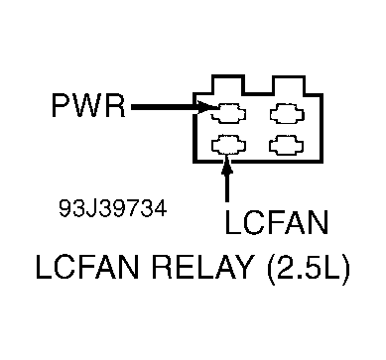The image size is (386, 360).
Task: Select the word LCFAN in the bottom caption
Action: (x=82, y=269)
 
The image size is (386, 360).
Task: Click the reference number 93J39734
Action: (x=111, y=211)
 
